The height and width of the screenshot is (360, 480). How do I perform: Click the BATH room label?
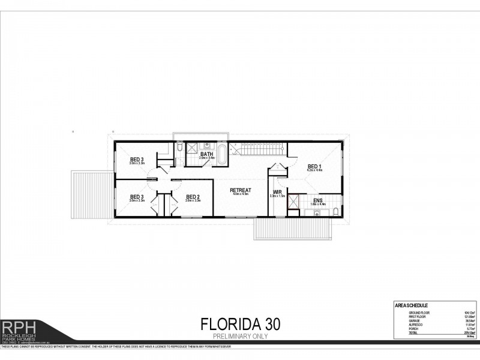point(207,154)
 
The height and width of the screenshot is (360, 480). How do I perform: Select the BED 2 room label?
point(193,197)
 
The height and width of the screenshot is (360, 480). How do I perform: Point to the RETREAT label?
point(240,190)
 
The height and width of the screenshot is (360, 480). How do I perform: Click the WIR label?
point(277,192)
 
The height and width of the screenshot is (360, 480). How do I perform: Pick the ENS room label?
point(317,200)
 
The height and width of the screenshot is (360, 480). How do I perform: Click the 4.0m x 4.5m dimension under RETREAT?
point(240,194)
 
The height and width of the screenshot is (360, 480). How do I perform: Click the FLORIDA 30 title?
point(239,325)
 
